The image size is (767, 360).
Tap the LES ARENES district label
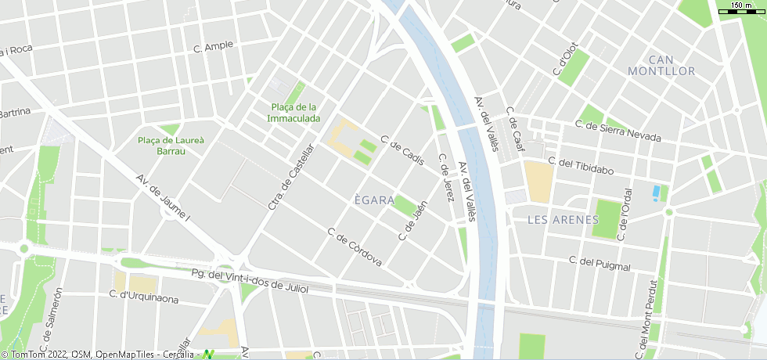point(563,220)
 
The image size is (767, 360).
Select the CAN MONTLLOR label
point(661,66)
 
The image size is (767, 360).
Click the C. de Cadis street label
point(402,150)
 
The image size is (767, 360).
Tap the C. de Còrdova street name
point(355,247)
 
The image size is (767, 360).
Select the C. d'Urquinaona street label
point(145,297)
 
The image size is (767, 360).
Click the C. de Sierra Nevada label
point(618,131)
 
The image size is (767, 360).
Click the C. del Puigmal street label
point(600,264)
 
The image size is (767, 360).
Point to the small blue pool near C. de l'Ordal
point(656,191)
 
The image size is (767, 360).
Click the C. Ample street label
point(214,46)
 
